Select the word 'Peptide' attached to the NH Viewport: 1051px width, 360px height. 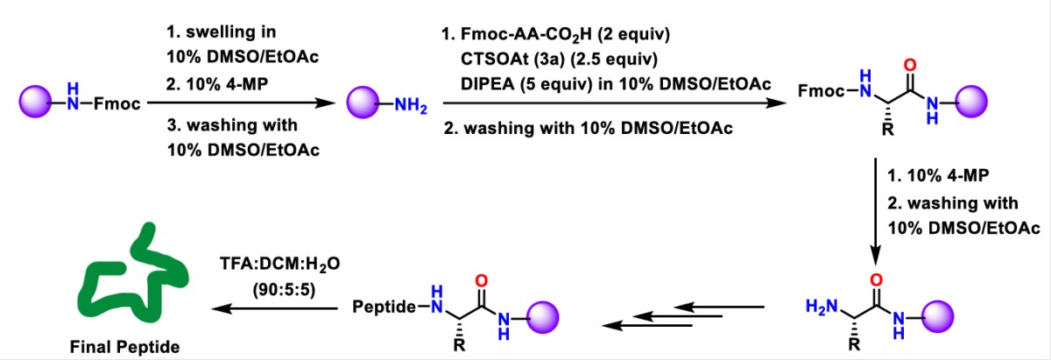coord(382,307)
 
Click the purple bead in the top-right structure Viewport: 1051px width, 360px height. coord(971,102)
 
